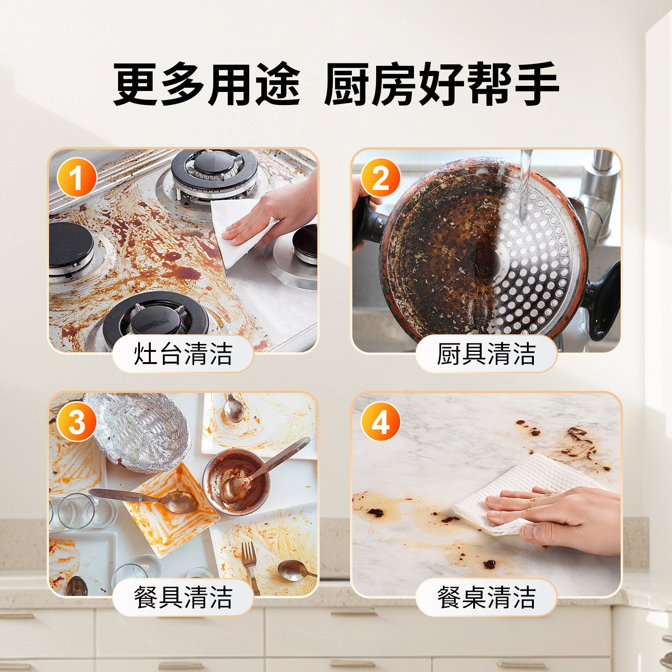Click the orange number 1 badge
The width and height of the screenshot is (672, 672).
pos(77,177)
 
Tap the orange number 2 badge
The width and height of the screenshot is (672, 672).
pos(380,178)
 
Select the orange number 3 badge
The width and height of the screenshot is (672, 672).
pos(77,422)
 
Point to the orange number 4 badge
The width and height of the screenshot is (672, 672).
pos(380,422)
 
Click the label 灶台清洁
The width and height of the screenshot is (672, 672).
pos(183,354)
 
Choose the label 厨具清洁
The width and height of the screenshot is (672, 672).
pos(486,354)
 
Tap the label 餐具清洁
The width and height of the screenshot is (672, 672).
pos(183,597)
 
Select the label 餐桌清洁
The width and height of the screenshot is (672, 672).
pos(486,597)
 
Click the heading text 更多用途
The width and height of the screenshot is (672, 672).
pos(207,84)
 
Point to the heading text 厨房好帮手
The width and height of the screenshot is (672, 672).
pos(441,84)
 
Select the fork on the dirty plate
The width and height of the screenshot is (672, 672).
pos(250,562)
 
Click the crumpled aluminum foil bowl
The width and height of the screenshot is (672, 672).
pos(140,429)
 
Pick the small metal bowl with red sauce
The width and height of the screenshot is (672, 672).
pos(236,481)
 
